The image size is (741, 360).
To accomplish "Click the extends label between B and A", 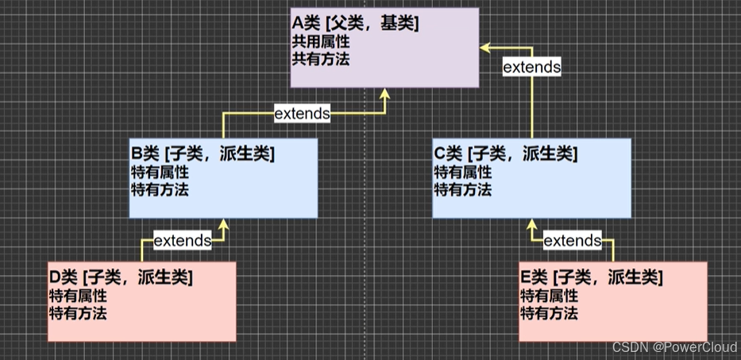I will [302, 114].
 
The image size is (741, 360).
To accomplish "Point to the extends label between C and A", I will [531, 68].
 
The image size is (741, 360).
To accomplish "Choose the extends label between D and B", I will [182, 240].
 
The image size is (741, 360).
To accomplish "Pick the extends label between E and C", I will [572, 240].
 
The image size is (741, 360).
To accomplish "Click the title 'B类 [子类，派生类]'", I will [202, 153].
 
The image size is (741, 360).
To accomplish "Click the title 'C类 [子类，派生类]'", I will [505, 153].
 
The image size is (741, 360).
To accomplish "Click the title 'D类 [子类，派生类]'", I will [121, 277].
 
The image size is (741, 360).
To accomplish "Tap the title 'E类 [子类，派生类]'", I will [591, 277].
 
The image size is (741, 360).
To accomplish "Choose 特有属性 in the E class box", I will [549, 296].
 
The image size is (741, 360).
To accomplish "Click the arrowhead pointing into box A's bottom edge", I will [386, 94].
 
